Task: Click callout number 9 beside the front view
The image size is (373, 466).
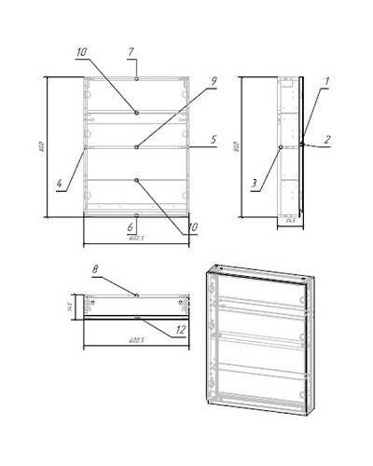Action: point(213,81)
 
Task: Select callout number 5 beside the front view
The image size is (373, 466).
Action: point(213,140)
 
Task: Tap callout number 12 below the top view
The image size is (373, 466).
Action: point(181,328)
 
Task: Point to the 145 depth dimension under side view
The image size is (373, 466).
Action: point(290,220)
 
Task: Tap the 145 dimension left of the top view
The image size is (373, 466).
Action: point(68,305)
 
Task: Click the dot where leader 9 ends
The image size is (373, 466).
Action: point(137,146)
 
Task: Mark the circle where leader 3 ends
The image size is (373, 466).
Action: point(280,147)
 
